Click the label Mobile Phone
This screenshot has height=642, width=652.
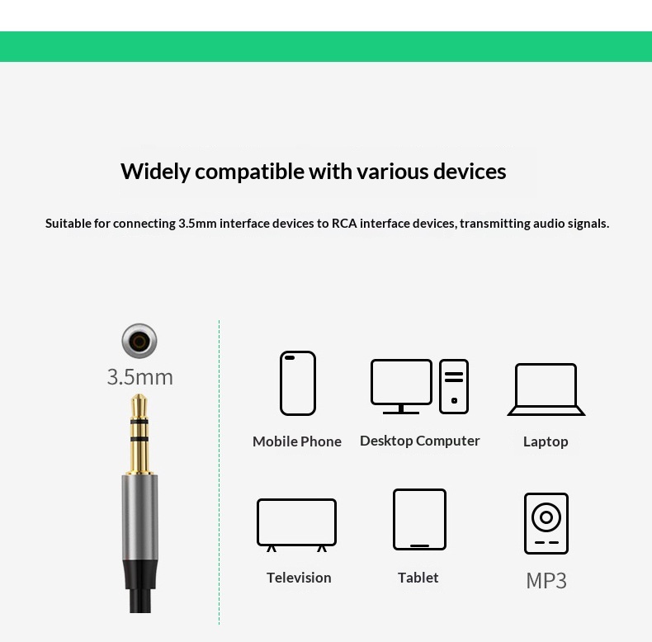tap(297, 441)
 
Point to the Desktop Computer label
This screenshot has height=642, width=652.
tap(419, 441)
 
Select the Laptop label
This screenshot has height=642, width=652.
tap(546, 441)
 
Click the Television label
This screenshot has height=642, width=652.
tap(299, 578)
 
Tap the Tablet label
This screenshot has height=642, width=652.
tap(418, 578)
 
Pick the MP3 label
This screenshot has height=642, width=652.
tap(546, 580)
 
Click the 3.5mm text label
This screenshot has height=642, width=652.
tap(139, 377)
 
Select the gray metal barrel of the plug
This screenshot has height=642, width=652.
tap(139, 517)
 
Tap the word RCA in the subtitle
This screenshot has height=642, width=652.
tap(344, 224)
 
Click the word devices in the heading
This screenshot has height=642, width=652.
tap(470, 172)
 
